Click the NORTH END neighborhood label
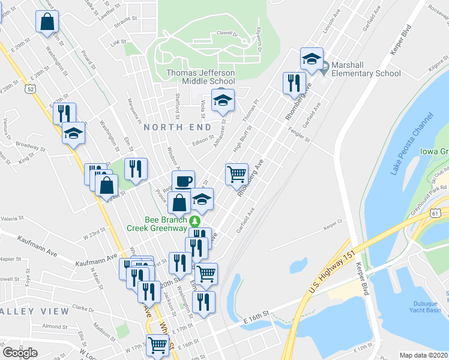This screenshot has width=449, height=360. (177, 127)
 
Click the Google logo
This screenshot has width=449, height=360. (20, 352)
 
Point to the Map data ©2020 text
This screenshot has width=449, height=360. (424, 355)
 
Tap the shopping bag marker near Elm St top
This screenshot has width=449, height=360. (47, 23)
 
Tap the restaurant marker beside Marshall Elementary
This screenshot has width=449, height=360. (294, 83)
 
